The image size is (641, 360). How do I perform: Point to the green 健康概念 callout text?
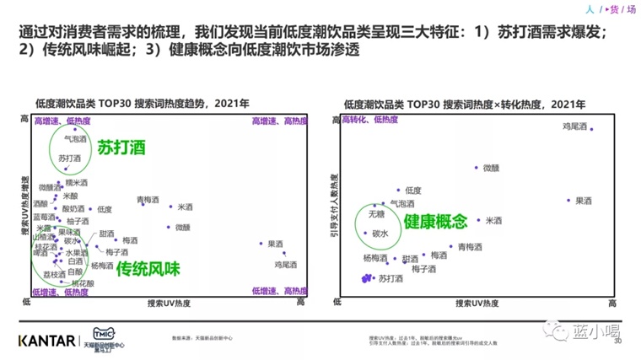pos(434,222)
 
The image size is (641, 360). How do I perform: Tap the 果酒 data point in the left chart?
pos(262,244)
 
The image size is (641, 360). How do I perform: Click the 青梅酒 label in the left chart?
pos(148,200)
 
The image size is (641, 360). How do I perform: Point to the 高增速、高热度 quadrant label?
pos(279,122)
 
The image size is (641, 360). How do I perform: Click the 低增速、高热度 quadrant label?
pos(279,292)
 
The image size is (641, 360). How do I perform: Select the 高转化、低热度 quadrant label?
pos(369,121)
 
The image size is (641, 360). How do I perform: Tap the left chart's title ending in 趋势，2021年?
pos(142,104)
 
